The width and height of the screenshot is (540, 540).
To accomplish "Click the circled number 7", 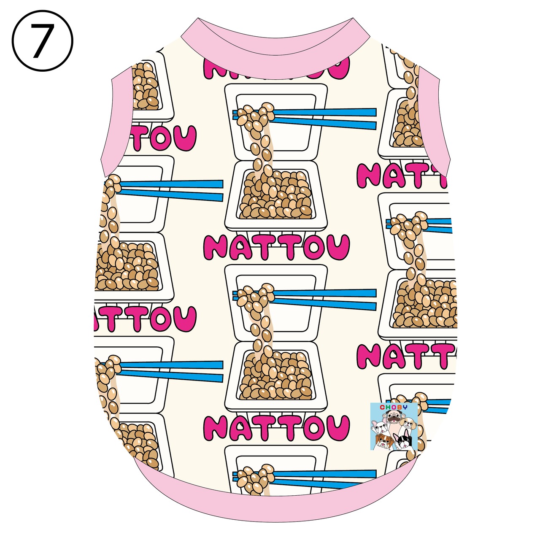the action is (42, 41).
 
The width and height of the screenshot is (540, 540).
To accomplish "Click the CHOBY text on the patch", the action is (394, 408).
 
